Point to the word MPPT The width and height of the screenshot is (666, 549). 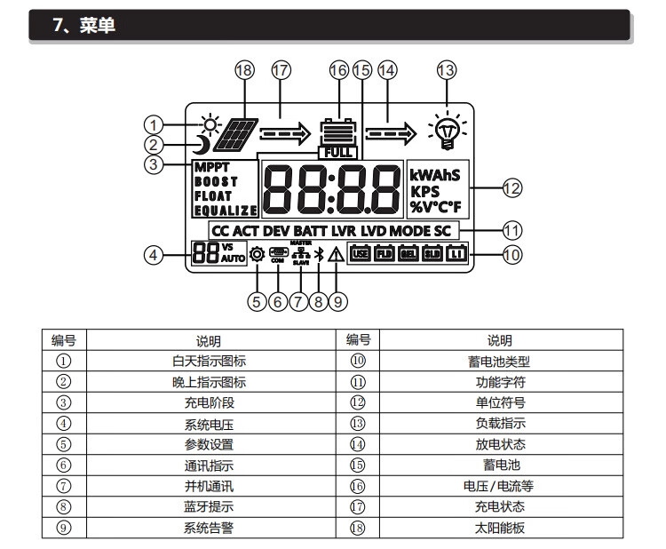211,167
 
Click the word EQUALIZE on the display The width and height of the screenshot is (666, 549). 226,211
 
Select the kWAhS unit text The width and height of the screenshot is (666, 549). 435,174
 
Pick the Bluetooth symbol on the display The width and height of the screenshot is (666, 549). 319,255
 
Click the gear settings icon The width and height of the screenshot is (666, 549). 258,255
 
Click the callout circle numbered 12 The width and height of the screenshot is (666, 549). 512,187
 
